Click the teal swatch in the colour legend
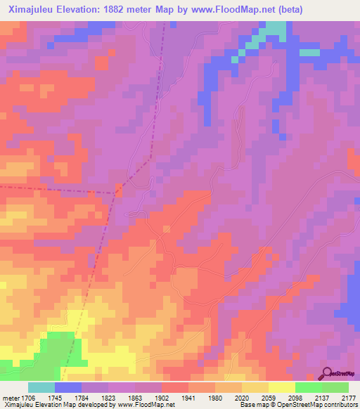pyautogui.click(x=41, y=387)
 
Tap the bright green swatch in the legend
pyautogui.click(x=308, y=387)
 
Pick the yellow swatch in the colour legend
pyautogui.click(x=281, y=387)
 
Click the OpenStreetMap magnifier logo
pyautogui.click(x=325, y=374)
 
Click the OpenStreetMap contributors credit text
pyautogui.click(x=309, y=405)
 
